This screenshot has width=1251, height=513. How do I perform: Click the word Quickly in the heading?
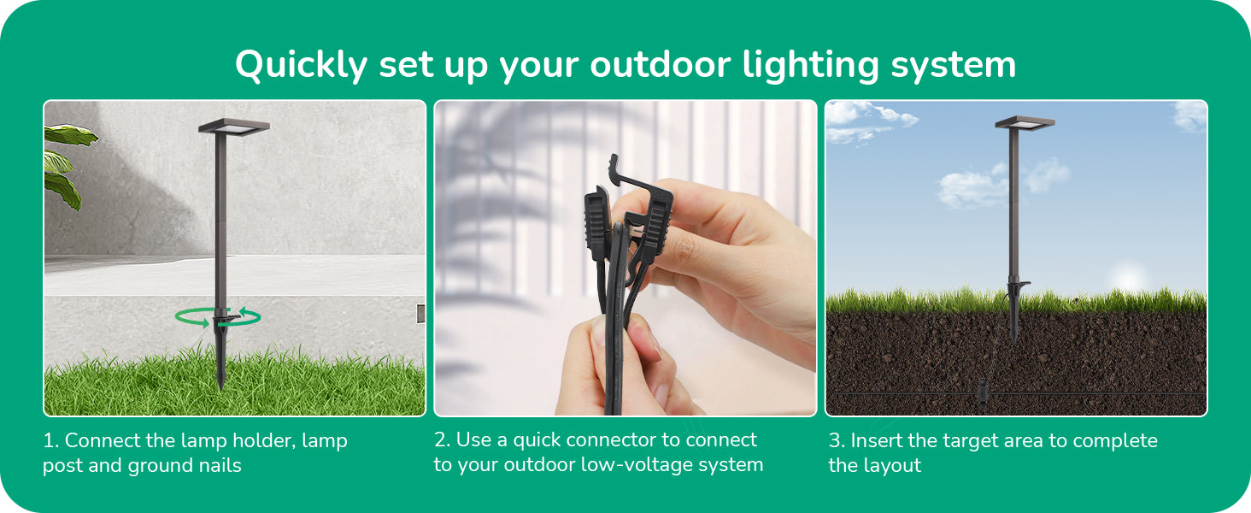[x=301, y=65]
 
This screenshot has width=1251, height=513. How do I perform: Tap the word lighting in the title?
[x=810, y=65]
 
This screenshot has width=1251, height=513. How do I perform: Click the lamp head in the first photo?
[x=234, y=127]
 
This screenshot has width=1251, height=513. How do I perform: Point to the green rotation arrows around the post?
[x=218, y=317]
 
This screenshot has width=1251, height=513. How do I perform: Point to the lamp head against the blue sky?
[x=1025, y=122]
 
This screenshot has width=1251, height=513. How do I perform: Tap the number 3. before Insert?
[x=837, y=441]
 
